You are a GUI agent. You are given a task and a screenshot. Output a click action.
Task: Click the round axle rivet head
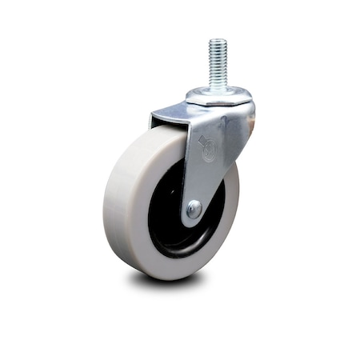tap(194, 209)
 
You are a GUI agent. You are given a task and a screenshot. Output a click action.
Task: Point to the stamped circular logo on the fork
tap(207, 146)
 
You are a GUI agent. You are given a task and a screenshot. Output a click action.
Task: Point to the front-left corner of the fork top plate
tap(152, 120)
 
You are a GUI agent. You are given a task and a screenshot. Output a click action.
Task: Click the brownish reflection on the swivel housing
tap(250, 120)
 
